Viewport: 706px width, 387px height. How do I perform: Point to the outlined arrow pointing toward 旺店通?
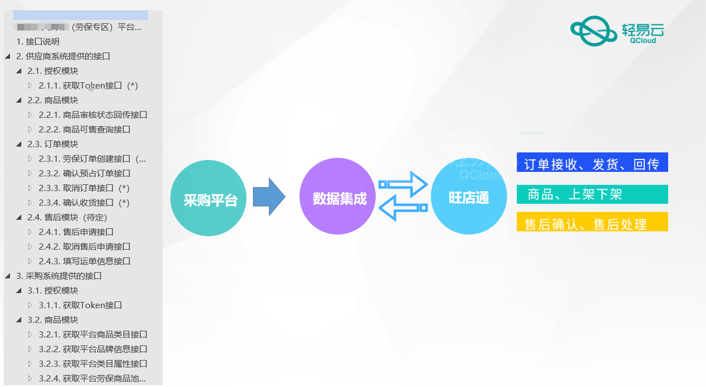click(x=403, y=184)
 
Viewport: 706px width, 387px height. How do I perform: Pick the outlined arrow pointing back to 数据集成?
click(x=403, y=208)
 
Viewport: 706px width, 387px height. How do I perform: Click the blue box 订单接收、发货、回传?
click(x=592, y=163)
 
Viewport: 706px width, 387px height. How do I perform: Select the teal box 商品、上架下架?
click(x=592, y=195)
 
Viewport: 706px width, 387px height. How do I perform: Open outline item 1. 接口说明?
click(x=38, y=42)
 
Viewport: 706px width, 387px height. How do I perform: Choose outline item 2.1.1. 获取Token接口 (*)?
click(x=88, y=85)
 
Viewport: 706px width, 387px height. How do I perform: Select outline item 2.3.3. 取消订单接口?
click(x=84, y=188)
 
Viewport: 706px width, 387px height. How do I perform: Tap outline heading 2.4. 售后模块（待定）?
click(x=67, y=217)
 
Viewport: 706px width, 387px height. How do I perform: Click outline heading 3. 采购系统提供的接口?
click(x=59, y=276)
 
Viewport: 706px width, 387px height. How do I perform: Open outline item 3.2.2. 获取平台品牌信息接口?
click(x=92, y=349)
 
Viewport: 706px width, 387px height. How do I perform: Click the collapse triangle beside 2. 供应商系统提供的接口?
click(x=8, y=56)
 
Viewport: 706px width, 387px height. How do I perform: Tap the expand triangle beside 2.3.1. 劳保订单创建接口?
click(x=30, y=159)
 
